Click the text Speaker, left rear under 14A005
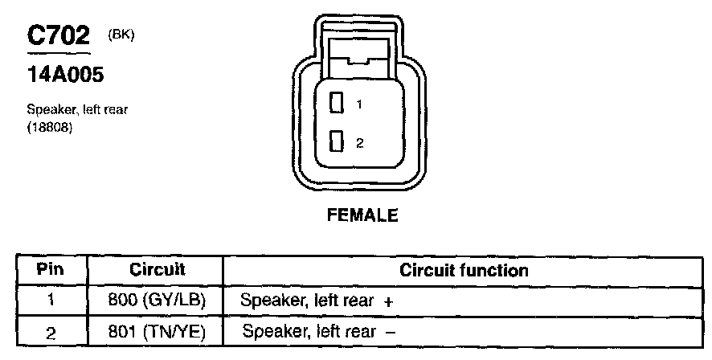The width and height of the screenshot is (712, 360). pos(78,109)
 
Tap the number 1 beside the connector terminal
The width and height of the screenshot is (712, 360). pos(359,104)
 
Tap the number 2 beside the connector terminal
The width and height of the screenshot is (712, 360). pos(359,144)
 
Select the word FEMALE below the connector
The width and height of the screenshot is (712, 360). pos(362,215)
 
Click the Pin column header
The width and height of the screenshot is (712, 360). pos(50,269)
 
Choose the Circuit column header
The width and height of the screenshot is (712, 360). pos(158,269)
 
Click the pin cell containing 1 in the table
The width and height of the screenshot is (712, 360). pos(50,301)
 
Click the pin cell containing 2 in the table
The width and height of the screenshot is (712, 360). pos(50,331)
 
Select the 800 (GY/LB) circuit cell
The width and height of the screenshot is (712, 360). pos(157,301)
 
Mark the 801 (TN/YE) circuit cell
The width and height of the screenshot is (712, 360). pos(157,331)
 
